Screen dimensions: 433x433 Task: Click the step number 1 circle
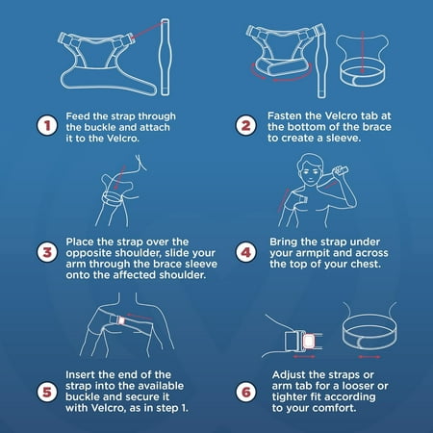tap(47, 125)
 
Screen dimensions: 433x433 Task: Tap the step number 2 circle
tap(246, 125)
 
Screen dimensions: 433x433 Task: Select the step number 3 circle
tap(47, 252)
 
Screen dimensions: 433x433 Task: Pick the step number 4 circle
tap(246, 252)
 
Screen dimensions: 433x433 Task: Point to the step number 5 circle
tap(47, 392)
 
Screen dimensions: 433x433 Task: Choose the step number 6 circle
tap(246, 392)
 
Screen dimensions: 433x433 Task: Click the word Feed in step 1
tap(76, 116)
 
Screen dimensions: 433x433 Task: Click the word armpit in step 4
tap(313, 253)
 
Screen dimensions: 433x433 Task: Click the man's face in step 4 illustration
tap(309, 172)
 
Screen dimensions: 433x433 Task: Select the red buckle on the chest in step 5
tap(121, 320)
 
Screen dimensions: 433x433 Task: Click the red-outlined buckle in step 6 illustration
tap(309, 342)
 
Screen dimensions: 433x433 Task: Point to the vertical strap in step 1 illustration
tap(165, 57)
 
